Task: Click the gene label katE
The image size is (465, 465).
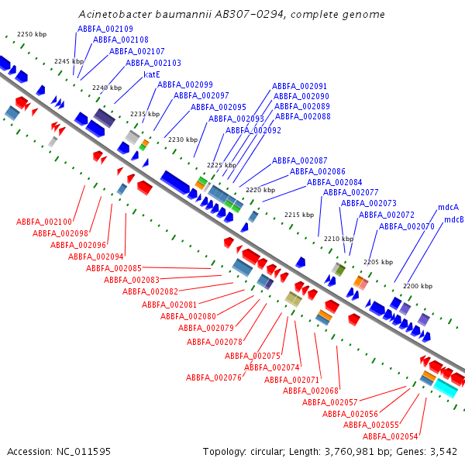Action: click(x=152, y=74)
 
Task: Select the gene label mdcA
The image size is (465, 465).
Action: click(x=448, y=207)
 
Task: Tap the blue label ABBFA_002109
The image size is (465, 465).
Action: click(x=105, y=29)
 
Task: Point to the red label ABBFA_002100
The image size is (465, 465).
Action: click(x=44, y=222)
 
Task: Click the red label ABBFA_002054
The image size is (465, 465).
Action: click(x=391, y=436)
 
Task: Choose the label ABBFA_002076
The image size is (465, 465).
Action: click(x=214, y=377)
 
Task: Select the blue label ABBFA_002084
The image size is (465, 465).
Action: click(x=335, y=182)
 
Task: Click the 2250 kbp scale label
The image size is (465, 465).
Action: click(x=32, y=34)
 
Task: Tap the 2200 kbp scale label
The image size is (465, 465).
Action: click(x=418, y=286)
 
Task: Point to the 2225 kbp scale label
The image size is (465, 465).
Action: click(x=222, y=165)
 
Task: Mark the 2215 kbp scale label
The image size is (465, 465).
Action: click(x=299, y=215)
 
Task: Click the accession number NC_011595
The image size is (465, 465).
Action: click(x=84, y=452)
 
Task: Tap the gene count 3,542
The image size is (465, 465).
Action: click(x=443, y=452)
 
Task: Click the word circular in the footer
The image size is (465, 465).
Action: click(x=266, y=452)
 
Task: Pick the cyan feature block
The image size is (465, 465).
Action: click(x=446, y=388)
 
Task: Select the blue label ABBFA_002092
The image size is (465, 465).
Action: click(x=253, y=130)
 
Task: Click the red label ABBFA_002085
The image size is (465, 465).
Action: click(x=114, y=268)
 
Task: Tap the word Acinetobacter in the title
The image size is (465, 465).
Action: click(x=115, y=14)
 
